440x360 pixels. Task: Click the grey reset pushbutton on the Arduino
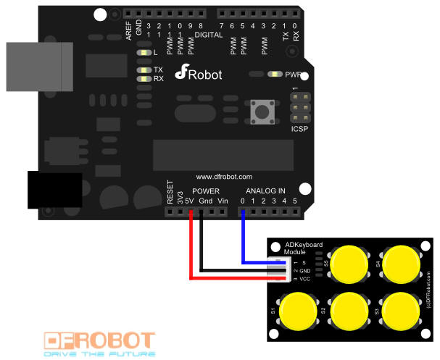[259, 112]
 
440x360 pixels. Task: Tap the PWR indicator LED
[274, 74]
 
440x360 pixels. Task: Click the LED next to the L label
[146, 53]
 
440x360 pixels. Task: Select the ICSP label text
[299, 129]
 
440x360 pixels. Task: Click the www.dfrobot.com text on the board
[224, 176]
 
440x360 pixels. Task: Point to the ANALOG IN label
[264, 191]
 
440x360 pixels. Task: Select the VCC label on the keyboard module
[304, 278]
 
